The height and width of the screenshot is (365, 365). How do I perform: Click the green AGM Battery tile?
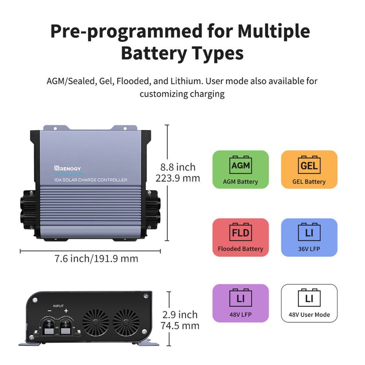(x=240, y=169)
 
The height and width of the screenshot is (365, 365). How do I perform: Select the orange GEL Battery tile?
(x=309, y=169)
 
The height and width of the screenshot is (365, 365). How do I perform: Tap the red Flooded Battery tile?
(x=240, y=237)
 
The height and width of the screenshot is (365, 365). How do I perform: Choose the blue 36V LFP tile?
(x=309, y=237)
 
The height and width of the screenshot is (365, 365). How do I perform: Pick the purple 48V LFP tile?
(x=240, y=303)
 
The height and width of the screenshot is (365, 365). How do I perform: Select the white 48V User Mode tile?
(x=309, y=303)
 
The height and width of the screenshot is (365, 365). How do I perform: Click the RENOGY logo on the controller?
(x=68, y=168)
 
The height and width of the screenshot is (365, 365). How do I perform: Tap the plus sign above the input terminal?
(x=66, y=311)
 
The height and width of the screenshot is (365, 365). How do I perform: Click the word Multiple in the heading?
(x=274, y=32)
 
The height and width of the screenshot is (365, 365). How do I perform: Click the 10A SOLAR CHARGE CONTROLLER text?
(x=91, y=180)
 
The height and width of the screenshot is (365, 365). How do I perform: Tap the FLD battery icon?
(x=240, y=233)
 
